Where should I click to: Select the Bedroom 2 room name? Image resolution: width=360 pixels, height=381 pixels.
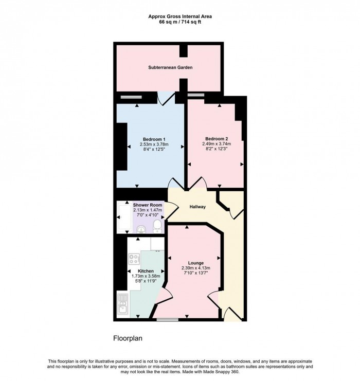[217, 138]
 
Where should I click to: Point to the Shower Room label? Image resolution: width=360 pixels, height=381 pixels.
[148, 205]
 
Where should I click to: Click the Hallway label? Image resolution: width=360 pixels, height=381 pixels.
[197, 207]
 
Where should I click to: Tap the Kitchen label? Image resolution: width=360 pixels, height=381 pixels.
[146, 270]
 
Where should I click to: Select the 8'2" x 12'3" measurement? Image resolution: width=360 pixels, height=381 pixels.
[217, 150]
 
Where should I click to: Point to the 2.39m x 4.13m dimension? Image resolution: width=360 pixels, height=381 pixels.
[196, 268]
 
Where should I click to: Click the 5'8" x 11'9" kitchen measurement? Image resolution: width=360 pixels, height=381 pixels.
[146, 282]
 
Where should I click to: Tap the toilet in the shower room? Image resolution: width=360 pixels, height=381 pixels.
[157, 225]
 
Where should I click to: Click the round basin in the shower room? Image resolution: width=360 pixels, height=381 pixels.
[140, 225]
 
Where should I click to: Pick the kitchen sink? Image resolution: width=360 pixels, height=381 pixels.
[123, 307]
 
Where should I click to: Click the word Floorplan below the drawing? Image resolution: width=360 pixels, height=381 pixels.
[128, 339]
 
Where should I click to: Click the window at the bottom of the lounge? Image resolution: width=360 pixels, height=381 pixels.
[167, 320]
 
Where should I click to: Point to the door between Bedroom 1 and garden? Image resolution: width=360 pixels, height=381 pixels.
[165, 98]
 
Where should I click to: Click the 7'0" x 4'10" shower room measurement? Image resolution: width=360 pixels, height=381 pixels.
[148, 216]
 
